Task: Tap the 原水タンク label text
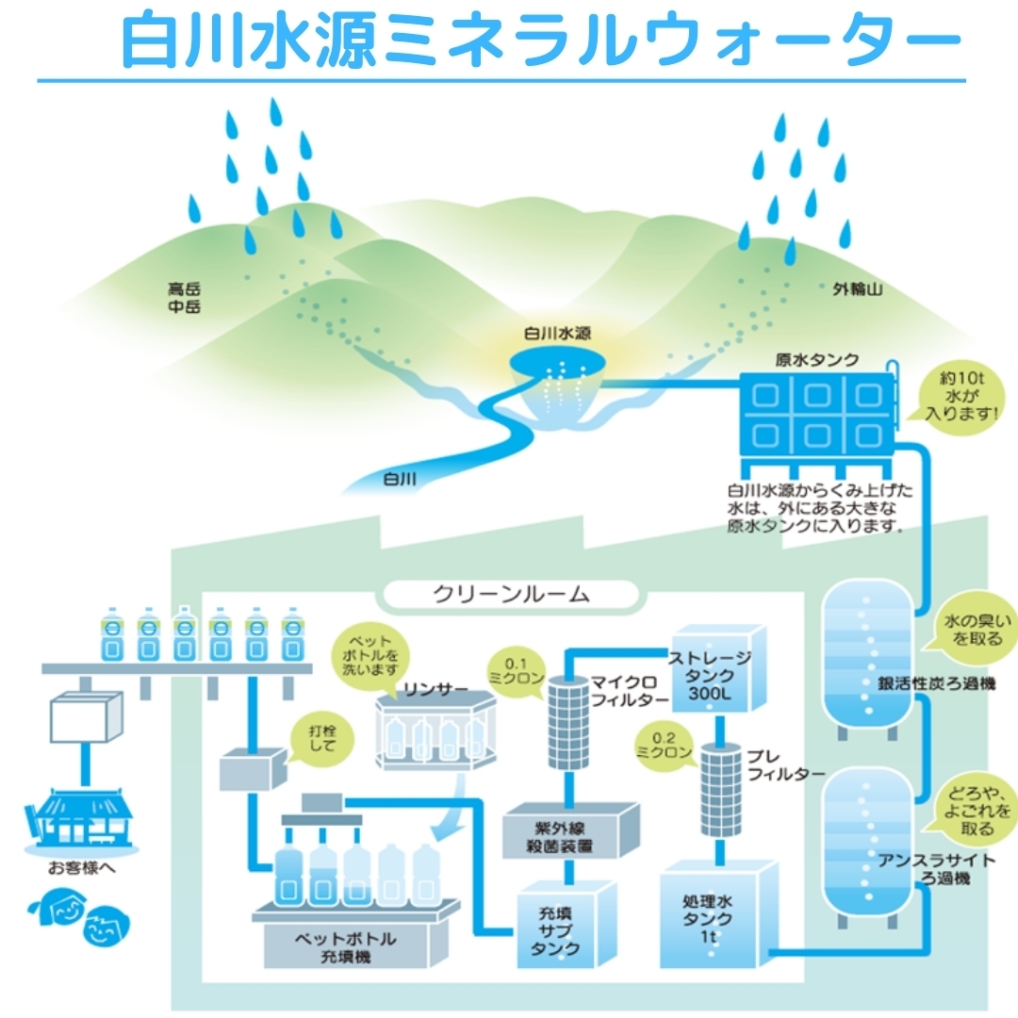point(816,359)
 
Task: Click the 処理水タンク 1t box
point(714,914)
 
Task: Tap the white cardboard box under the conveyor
point(86,719)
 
